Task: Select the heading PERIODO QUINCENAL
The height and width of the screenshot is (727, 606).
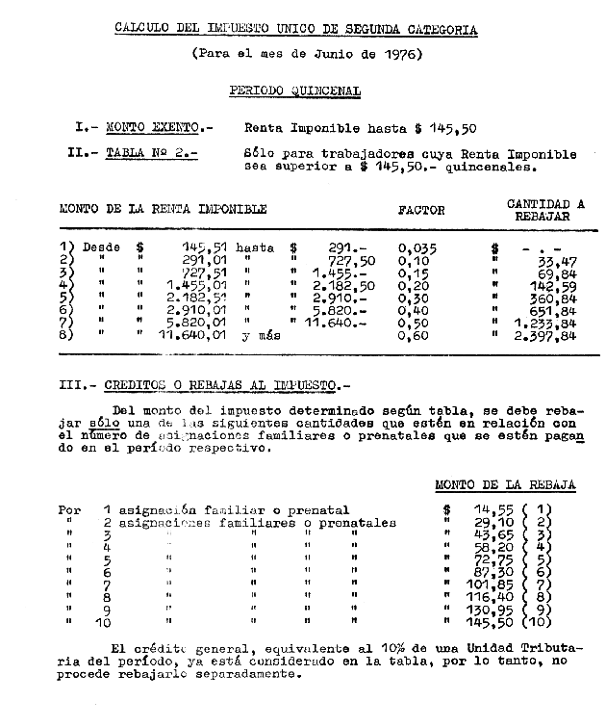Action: pos(295,91)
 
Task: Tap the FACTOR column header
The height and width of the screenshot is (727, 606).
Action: pos(421,210)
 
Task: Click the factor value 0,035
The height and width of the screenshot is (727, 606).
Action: pos(417,247)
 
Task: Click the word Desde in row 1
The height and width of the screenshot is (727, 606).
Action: pos(102,247)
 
